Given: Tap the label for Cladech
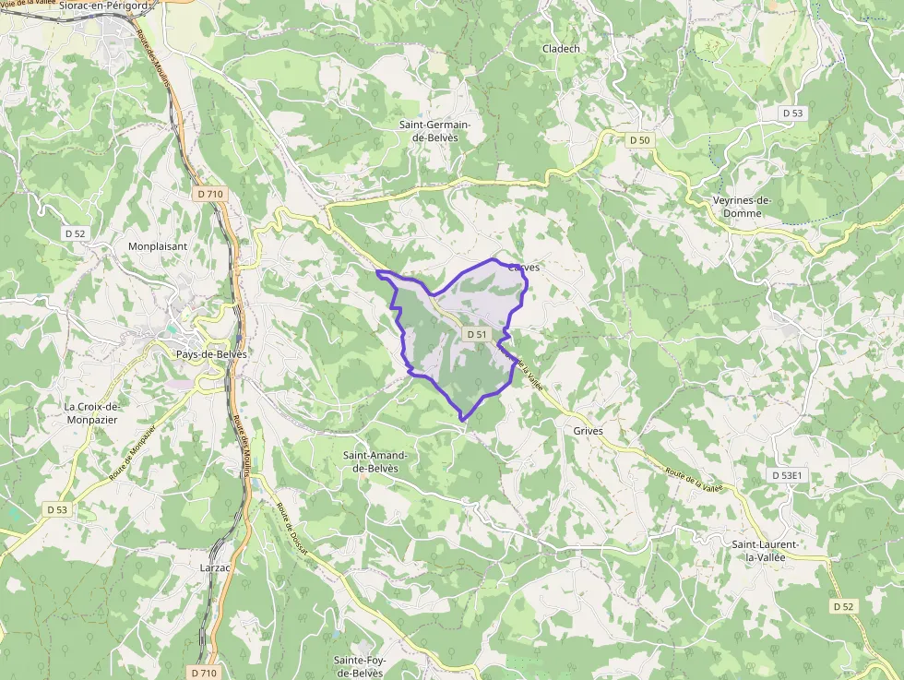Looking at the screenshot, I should click(561, 49).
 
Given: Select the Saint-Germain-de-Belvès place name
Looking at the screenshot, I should click(434, 131).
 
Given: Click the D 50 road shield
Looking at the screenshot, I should click(640, 140).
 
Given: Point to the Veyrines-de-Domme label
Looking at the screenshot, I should click(742, 207).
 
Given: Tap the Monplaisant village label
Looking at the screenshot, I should click(158, 246).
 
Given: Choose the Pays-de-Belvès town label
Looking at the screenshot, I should click(211, 354).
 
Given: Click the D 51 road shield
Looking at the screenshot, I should click(476, 334).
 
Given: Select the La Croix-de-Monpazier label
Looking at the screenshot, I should click(92, 412).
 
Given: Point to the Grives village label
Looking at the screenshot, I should click(588, 431).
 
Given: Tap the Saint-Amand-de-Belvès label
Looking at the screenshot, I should click(375, 461).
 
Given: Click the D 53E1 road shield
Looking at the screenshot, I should click(789, 475).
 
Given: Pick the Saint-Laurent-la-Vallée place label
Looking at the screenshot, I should click(765, 551).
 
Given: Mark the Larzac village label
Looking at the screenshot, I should click(215, 567).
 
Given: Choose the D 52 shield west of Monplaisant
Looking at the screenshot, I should click(76, 233).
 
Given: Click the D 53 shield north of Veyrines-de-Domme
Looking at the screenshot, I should click(792, 113).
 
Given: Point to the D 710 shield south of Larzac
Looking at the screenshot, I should click(205, 673).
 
